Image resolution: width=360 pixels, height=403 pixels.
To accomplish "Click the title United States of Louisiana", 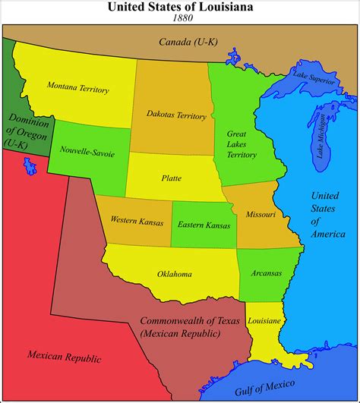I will tap(180, 7).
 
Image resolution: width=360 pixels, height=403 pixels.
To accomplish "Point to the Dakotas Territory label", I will tap(176, 115).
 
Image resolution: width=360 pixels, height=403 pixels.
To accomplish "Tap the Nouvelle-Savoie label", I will tap(87, 153).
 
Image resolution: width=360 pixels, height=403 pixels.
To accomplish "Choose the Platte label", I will tap(171, 178).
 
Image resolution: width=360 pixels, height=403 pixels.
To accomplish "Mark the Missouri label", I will tap(261, 215).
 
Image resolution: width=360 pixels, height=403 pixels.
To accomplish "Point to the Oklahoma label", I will tap(174, 274).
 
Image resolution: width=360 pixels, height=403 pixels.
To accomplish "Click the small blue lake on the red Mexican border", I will tap(30, 164).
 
